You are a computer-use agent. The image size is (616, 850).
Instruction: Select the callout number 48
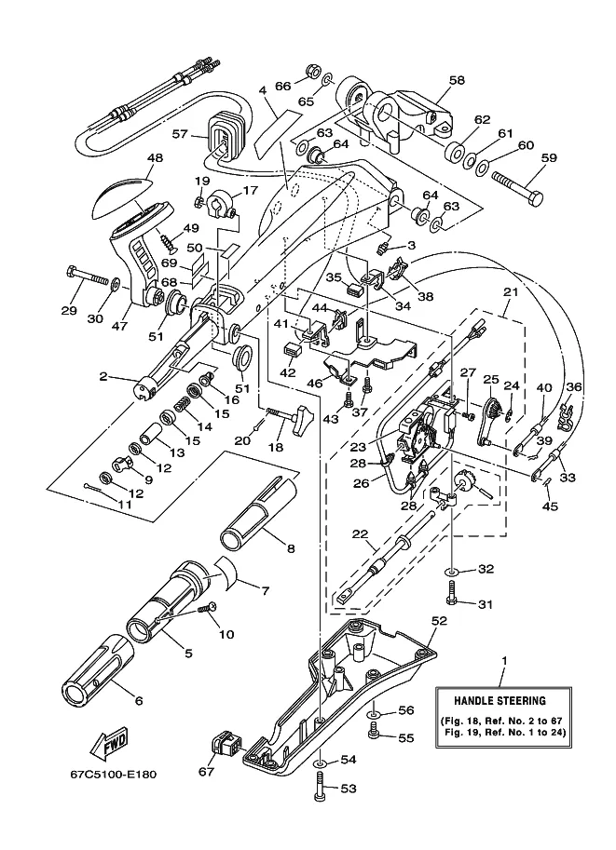point(154,158)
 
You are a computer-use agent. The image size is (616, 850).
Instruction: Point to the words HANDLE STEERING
point(500,700)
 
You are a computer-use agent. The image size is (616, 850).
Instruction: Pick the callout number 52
point(440,620)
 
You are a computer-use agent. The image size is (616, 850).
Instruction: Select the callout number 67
point(206,771)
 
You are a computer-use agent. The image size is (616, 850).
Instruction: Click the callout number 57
point(180,134)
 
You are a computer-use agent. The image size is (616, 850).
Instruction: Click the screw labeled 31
point(451,591)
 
